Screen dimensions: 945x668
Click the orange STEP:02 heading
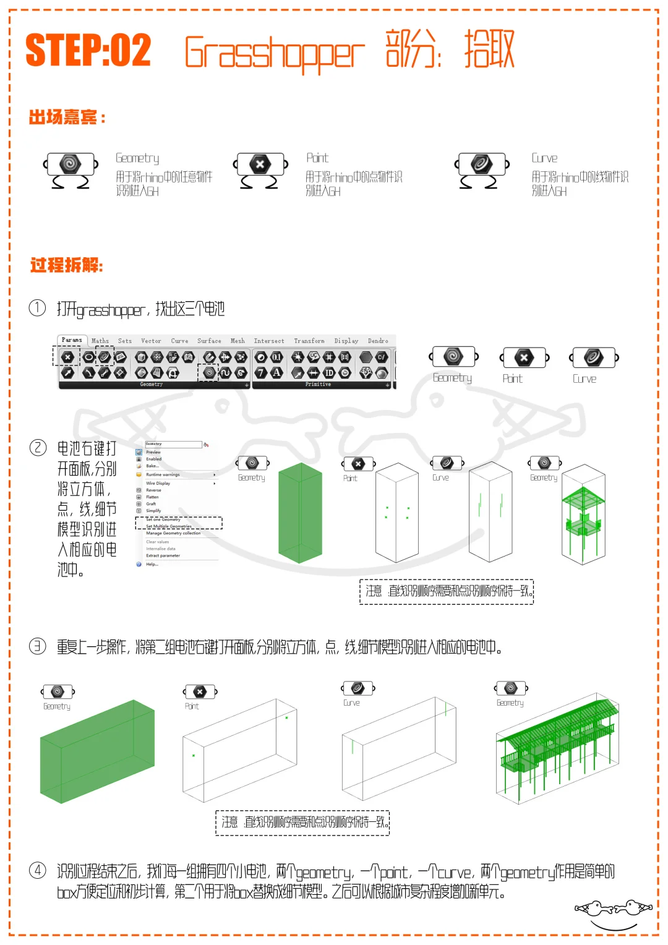[x=88, y=50]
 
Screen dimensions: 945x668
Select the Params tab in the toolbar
[x=72, y=340]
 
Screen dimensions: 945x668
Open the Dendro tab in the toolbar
[x=378, y=341]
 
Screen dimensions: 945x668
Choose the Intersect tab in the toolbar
[x=269, y=341]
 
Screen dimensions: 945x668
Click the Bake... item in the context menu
[x=152, y=466]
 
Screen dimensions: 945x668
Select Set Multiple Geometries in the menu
[x=169, y=526]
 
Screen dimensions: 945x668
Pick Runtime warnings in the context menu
[x=163, y=474]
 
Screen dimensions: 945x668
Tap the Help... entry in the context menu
[x=152, y=564]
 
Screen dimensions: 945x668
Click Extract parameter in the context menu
[x=163, y=555]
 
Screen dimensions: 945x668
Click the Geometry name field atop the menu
[x=173, y=444]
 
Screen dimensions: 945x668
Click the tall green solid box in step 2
[x=300, y=513]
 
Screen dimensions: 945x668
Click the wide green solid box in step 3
[x=97, y=751]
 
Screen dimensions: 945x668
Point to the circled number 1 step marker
[x=38, y=307]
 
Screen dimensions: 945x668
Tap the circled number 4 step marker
[x=38, y=871]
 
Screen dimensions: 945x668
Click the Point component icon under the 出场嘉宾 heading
[x=260, y=165]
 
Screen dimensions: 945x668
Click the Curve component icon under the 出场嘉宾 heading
[x=482, y=165]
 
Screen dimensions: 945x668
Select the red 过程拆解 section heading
[x=67, y=265]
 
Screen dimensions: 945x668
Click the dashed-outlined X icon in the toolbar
[x=67, y=357]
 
